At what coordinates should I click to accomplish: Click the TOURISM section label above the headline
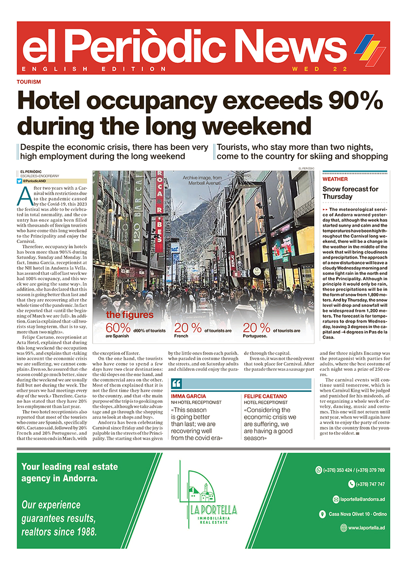coord(29,82)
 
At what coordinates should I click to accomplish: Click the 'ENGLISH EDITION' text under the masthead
coord(94,69)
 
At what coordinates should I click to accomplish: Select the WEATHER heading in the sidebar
coord(335,180)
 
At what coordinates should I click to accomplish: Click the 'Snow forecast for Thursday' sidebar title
coord(350,193)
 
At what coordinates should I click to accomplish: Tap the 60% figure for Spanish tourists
coord(118,328)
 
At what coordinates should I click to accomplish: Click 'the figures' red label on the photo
coord(130,315)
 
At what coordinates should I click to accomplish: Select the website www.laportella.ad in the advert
coord(366,528)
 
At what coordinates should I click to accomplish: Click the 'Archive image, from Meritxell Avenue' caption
coord(202,180)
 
